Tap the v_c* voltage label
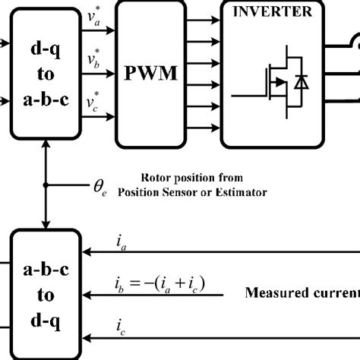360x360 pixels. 94,102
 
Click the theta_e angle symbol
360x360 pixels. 100,187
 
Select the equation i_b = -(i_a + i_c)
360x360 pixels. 157,286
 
